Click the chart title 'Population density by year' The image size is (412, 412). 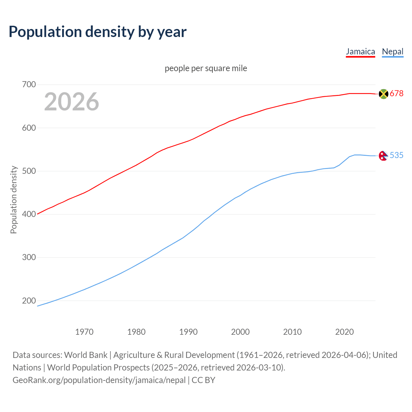click(98, 32)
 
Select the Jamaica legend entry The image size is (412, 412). click(360, 52)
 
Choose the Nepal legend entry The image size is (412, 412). click(392, 52)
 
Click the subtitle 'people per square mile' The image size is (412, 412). click(206, 69)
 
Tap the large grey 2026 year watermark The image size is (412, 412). click(71, 102)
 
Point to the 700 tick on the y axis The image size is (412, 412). click(29, 85)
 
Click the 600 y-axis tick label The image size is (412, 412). click(29, 128)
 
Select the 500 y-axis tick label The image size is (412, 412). click(29, 171)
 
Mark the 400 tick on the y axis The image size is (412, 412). click(29, 214)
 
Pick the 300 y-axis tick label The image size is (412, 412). click(29, 257)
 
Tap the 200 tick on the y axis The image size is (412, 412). click(29, 301)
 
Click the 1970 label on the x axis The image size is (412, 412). click(84, 332)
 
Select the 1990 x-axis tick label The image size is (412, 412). click(188, 332)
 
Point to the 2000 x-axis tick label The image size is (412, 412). click(240, 332)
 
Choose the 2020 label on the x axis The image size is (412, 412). click(344, 332)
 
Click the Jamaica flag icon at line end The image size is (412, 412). click(383, 94)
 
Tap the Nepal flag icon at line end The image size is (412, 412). click(383, 156)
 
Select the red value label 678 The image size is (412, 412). click(397, 94)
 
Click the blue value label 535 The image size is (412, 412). click(397, 155)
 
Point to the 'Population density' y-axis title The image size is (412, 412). click(14, 200)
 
